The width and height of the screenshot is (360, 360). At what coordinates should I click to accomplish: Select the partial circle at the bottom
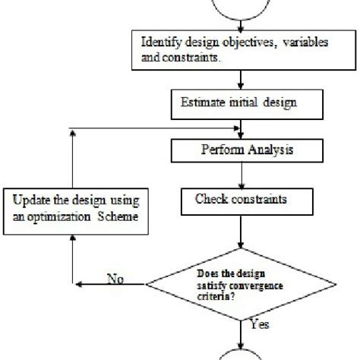pos(241,352)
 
